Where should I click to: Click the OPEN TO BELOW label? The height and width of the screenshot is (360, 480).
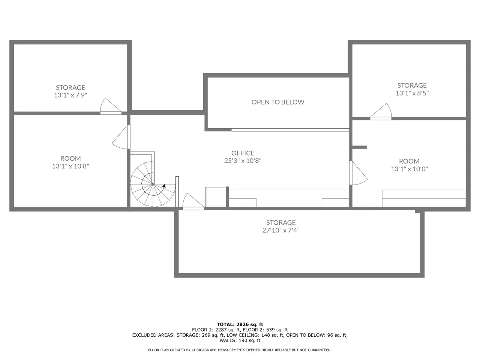click(278, 102)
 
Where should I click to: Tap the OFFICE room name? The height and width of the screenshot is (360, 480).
click(243, 153)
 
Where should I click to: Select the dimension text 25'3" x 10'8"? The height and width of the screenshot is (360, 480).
click(243, 161)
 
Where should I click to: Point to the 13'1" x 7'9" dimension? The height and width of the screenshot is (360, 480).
click(70, 95)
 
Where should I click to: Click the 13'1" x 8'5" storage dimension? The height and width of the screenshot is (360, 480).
click(412, 93)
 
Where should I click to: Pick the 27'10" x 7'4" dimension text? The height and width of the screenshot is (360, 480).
click(281, 230)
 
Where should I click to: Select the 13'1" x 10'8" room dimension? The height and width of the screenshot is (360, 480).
click(70, 166)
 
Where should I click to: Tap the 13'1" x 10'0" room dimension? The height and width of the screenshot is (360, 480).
click(409, 169)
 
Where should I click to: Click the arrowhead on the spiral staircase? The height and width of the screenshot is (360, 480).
click(164, 186)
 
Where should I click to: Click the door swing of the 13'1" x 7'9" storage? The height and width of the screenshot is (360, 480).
click(111, 106)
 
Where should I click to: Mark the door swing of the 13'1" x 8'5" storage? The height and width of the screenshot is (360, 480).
click(381, 111)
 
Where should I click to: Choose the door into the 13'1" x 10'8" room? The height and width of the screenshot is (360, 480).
click(121, 137)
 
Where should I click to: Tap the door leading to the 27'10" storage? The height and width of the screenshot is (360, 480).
click(193, 201)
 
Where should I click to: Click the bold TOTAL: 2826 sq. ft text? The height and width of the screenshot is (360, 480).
click(240, 324)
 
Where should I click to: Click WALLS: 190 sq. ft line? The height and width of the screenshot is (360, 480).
click(240, 340)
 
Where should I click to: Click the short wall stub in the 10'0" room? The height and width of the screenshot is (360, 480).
click(360, 147)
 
